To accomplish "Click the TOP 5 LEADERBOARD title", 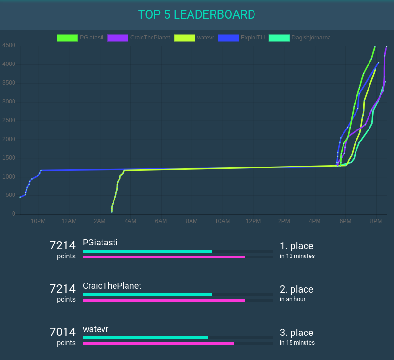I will point(196,14).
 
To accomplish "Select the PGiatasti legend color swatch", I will point(67,38).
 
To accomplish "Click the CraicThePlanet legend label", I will point(150,38).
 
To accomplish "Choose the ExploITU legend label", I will point(253,38).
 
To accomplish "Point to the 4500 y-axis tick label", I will point(9,46).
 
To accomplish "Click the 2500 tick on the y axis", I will point(9,120).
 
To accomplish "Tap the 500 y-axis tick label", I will point(10,195).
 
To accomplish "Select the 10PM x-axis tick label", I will point(38,221).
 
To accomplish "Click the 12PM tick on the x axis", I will point(253,221).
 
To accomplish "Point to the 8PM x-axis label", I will point(376,221).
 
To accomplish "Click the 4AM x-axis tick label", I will point(130,221).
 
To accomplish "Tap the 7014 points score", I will point(63,332).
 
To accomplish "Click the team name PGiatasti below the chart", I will point(100,243).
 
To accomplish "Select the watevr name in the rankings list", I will point(95,329).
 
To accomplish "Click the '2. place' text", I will point(296,289).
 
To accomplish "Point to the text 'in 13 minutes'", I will point(297,256).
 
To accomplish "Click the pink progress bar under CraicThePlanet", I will point(164,300).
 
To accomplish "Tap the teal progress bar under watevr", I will point(145,338).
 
